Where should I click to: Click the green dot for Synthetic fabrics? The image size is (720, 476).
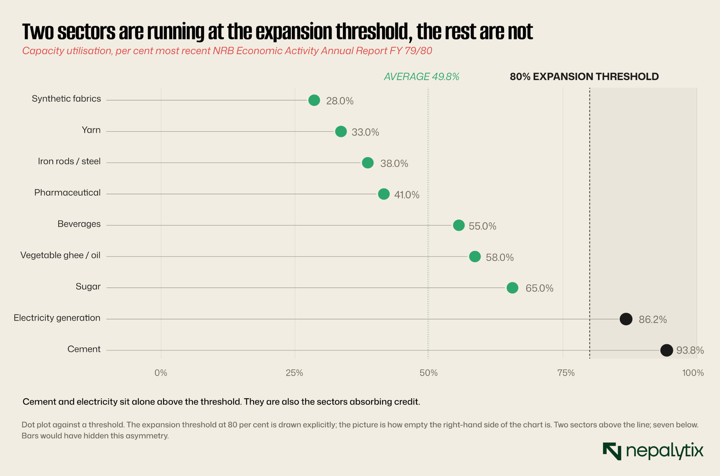click(x=314, y=100)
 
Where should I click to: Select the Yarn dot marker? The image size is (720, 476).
click(x=341, y=132)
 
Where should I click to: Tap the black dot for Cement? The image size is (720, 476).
click(x=666, y=350)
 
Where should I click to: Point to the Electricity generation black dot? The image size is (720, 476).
click(x=626, y=319)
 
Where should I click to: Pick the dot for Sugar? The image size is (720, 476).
click(x=512, y=288)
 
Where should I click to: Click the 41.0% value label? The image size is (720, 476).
click(x=406, y=195)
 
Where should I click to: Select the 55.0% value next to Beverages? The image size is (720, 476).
click(x=483, y=226)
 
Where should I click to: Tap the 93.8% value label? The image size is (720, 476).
click(x=690, y=350)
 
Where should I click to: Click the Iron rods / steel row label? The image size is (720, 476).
click(x=69, y=161)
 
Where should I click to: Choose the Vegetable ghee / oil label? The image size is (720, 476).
click(x=60, y=255)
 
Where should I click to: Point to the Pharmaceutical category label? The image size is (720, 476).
click(x=67, y=192)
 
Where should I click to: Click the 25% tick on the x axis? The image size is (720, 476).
click(x=294, y=373)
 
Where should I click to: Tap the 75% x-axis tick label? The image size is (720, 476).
click(x=566, y=373)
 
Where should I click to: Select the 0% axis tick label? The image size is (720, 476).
click(x=161, y=373)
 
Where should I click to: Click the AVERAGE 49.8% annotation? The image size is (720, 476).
click(x=421, y=77)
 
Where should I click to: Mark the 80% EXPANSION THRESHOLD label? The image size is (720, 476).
click(x=584, y=77)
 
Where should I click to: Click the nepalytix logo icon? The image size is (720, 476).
click(x=612, y=451)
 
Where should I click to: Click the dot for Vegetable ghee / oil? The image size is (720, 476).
click(x=475, y=257)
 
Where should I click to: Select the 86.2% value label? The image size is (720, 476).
click(x=653, y=320)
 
